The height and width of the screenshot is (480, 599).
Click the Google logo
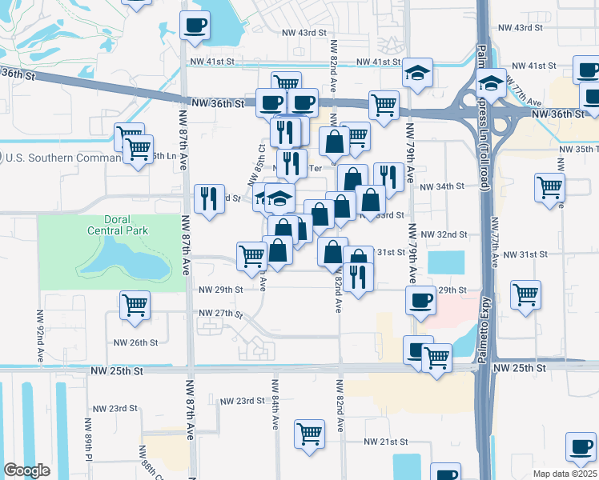(27, 470)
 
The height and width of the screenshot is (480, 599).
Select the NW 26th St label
(136, 342)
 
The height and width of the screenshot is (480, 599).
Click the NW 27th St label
(220, 313)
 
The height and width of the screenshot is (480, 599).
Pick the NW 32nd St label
(446, 234)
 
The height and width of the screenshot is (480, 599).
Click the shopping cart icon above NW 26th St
(135, 305)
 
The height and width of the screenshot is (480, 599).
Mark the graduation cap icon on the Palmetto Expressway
(490, 82)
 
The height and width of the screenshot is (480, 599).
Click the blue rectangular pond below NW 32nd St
(446, 262)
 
